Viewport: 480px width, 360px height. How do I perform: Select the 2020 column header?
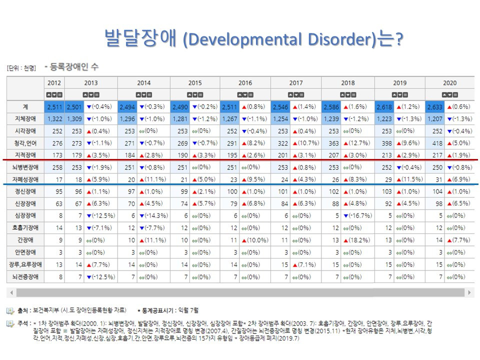449,83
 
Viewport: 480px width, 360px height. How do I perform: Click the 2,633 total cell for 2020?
435,106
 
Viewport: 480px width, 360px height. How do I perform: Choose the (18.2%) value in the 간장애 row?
354,240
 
